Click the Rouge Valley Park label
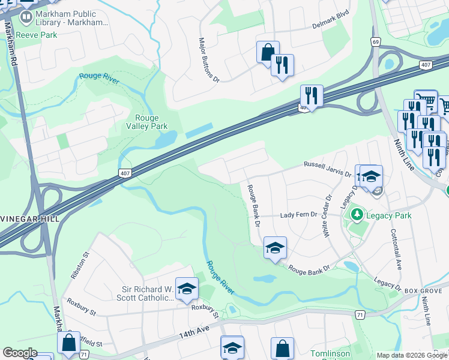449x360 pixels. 146,122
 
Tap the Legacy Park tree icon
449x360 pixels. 357,214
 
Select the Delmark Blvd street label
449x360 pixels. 331,26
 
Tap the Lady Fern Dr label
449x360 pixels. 298,215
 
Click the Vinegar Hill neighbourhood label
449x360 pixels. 29,219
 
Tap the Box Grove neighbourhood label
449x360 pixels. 418,290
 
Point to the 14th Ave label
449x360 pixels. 193,332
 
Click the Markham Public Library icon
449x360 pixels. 25,17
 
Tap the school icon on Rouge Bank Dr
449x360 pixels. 274,247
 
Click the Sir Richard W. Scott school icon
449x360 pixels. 187,289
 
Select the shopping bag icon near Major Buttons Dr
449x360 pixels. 267,52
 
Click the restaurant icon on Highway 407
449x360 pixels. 312,95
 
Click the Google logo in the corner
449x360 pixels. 20,353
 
